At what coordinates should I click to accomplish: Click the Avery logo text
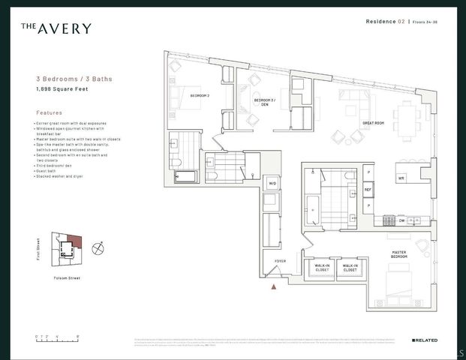click(x=56, y=28)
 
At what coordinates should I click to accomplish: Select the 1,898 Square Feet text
click(x=61, y=89)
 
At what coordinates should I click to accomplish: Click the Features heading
click(x=49, y=113)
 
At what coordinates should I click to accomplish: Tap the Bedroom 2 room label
click(x=199, y=96)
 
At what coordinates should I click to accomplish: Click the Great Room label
click(x=373, y=122)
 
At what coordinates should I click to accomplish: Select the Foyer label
click(x=280, y=261)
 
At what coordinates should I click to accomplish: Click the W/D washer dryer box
click(x=272, y=182)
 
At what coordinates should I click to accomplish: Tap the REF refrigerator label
click(x=368, y=190)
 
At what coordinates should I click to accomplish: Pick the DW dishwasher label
click(x=401, y=220)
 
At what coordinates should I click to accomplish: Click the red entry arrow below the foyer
click(x=273, y=286)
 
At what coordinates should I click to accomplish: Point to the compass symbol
click(x=97, y=247)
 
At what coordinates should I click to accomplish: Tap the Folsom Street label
click(x=68, y=277)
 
